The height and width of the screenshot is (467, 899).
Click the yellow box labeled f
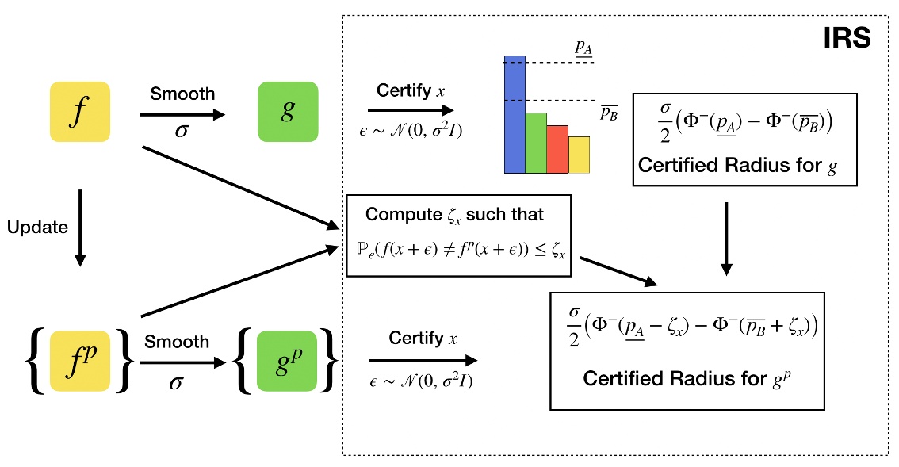[x=78, y=112]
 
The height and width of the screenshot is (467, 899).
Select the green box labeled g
[x=287, y=112]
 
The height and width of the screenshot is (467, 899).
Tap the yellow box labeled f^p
[x=78, y=362]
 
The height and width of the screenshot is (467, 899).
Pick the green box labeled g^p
[x=287, y=362]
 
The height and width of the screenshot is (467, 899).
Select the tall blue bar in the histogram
[x=515, y=114]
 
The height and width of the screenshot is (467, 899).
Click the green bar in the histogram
[x=536, y=143]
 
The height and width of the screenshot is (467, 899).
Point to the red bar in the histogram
[x=557, y=149]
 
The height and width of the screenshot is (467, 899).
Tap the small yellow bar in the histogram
[x=579, y=155]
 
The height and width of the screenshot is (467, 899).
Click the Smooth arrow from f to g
[x=182, y=115]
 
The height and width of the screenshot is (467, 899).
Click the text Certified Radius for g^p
[x=687, y=379]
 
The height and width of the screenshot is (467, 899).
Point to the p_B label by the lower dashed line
[x=608, y=113]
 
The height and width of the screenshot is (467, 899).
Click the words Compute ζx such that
[x=455, y=214]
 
